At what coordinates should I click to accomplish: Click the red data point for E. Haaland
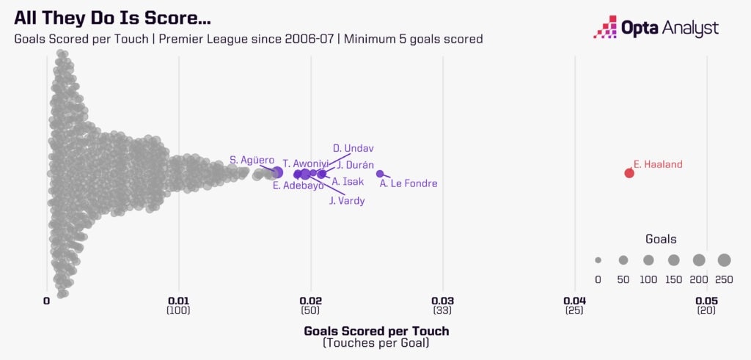[629, 173]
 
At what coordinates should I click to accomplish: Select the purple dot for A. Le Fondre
[380, 174]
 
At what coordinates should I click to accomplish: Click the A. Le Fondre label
[409, 184]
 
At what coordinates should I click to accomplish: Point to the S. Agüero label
[252, 160]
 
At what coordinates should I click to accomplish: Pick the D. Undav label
[353, 148]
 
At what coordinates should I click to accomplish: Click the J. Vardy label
[347, 200]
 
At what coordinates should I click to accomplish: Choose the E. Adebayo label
[298, 185]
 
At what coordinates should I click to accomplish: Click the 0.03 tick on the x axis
[442, 301]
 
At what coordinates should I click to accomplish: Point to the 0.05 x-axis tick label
[706, 301]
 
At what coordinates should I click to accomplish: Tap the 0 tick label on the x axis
[46, 301]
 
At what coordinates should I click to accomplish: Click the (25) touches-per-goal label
[574, 311]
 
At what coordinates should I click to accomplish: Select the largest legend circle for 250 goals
[725, 260]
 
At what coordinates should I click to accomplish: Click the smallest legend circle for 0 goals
[598, 260]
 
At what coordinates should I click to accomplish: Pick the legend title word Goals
[661, 239]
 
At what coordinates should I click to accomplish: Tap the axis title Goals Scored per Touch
[376, 331]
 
